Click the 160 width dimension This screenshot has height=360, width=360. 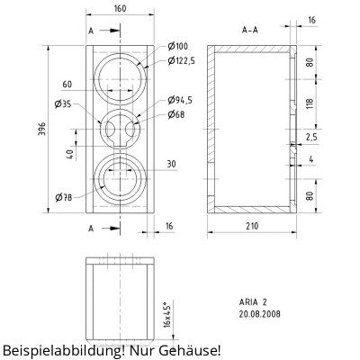(x=121, y=9)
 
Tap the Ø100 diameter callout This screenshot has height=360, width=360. (x=177, y=46)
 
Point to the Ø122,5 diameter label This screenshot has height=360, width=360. (x=183, y=60)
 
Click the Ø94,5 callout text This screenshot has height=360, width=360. (x=183, y=100)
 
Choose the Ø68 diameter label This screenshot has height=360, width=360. (x=176, y=113)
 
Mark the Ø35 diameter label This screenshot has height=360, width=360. (x=62, y=104)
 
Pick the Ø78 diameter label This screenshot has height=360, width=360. (x=63, y=196)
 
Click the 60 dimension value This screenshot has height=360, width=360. (x=67, y=84)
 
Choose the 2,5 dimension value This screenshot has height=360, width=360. (x=311, y=138)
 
